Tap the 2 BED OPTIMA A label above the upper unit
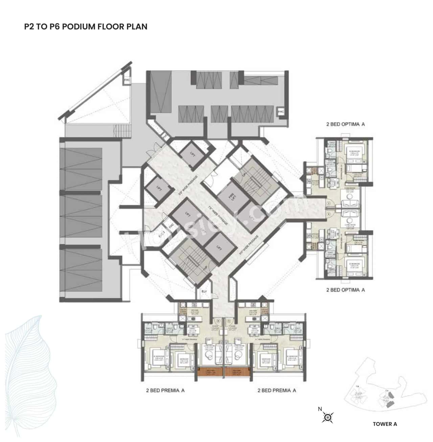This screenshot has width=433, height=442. [x=345, y=124]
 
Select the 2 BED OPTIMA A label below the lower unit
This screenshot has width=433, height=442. [x=345, y=290]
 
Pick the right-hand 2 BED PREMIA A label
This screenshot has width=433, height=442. [x=277, y=390]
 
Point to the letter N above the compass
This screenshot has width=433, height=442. [x=320, y=409]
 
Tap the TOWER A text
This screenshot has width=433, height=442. [x=385, y=424]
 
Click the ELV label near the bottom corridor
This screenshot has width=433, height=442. [x=204, y=291]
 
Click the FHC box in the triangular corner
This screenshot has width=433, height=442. [x=127, y=80]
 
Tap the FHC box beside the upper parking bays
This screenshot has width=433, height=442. [x=280, y=111]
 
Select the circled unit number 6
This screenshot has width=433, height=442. [x=218, y=321]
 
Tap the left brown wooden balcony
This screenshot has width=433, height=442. [x=210, y=372]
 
